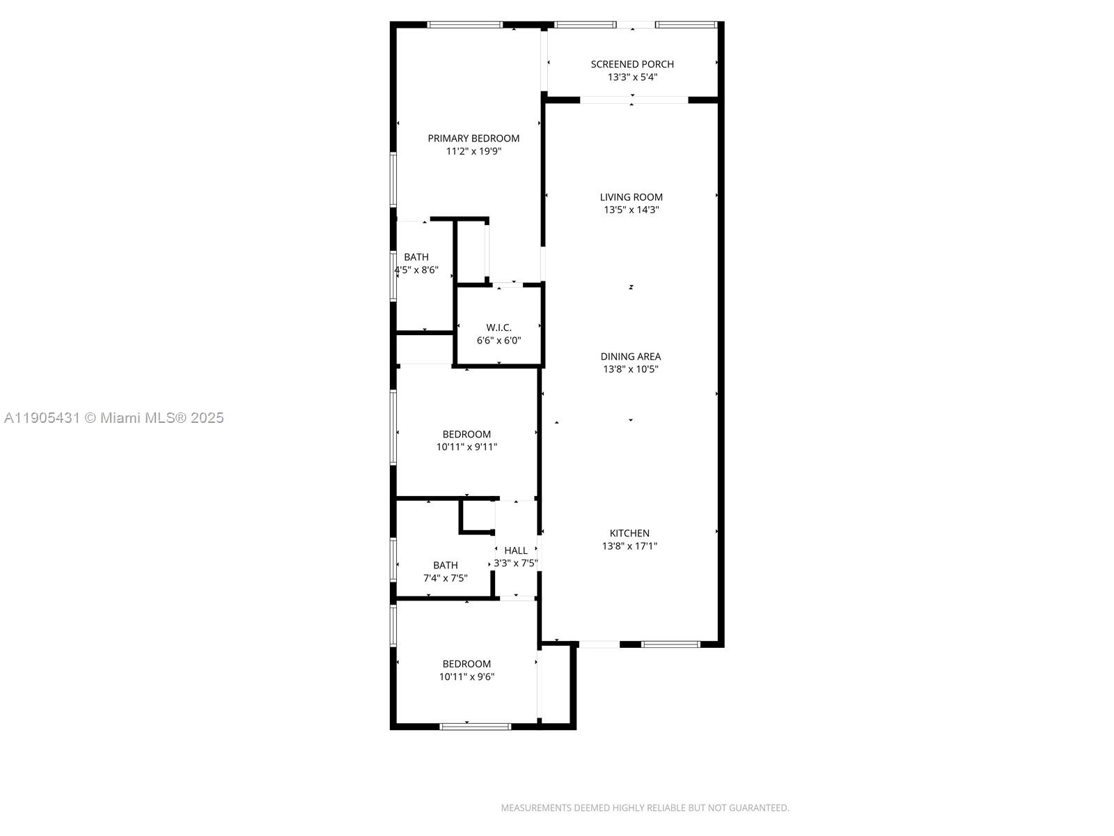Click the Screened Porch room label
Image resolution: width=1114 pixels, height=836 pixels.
632,64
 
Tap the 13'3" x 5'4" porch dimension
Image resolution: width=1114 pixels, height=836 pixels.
632,77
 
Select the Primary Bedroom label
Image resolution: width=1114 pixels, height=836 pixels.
473,139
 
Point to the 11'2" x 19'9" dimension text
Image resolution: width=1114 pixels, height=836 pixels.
473,151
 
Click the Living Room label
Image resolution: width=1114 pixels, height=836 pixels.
631,197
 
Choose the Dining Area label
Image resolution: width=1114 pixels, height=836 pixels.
631,357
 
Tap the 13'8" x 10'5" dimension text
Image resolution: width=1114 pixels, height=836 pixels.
631,369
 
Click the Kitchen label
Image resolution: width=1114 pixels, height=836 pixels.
630,534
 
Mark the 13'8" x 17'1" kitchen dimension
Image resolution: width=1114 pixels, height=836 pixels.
630,546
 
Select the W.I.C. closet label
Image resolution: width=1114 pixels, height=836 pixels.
499,327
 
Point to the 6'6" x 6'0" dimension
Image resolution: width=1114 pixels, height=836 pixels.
499,341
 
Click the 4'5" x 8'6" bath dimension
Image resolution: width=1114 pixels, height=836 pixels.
416,270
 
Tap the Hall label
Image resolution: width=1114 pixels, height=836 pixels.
516,550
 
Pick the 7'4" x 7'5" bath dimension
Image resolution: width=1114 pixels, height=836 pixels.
446,578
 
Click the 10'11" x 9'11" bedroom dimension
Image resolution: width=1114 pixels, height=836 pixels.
466,447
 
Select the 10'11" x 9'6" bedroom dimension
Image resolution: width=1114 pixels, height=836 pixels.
466,676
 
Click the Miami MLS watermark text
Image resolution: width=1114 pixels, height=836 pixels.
113,418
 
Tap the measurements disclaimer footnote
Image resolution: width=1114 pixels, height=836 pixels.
645,808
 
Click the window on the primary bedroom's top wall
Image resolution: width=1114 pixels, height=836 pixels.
464,25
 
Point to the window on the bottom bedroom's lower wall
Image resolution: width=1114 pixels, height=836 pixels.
476,727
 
